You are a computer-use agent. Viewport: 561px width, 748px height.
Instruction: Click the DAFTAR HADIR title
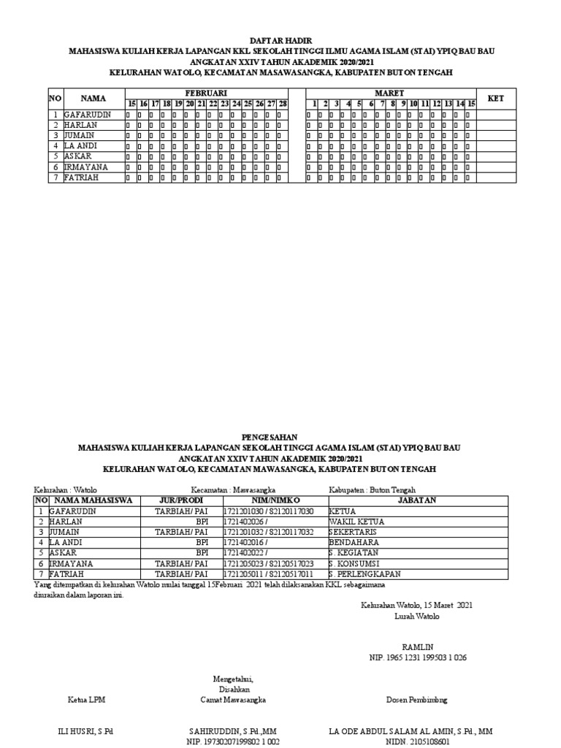[x=280, y=42]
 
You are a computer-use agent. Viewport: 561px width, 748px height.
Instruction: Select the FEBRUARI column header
[x=206, y=93]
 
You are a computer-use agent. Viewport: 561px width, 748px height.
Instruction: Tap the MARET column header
[x=389, y=93]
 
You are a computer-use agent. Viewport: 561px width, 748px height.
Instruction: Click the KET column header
[x=496, y=98]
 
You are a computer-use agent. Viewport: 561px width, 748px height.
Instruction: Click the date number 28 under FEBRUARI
[x=283, y=104]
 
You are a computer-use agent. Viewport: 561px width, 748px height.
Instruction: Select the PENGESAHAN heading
[x=281, y=437]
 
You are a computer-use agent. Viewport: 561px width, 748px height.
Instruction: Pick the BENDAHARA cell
[x=354, y=543]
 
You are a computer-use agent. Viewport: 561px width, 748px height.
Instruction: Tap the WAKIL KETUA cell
[x=356, y=522]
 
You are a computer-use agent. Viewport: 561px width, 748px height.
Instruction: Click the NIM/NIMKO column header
[x=270, y=500]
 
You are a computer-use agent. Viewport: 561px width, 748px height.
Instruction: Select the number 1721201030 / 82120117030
[x=269, y=511]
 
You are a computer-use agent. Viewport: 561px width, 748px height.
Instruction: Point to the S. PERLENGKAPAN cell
[x=365, y=574]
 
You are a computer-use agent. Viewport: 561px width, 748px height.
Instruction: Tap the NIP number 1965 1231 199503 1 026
[x=418, y=657]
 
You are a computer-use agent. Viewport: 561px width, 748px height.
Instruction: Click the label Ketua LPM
[x=87, y=700]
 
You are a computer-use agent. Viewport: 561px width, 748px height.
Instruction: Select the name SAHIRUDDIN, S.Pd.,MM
[x=233, y=731]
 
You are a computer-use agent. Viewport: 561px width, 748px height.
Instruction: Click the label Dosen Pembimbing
[x=417, y=700]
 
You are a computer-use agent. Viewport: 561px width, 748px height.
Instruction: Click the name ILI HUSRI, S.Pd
[x=85, y=731]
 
